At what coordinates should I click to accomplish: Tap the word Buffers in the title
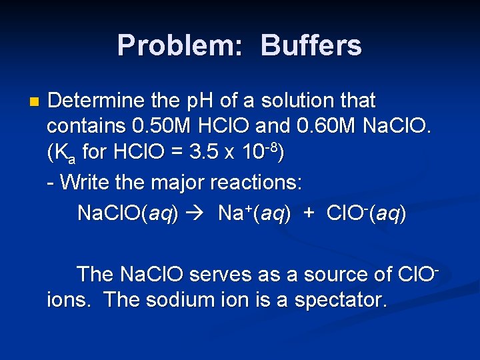pos(311,46)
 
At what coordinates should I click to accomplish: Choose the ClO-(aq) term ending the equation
pos(365,213)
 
